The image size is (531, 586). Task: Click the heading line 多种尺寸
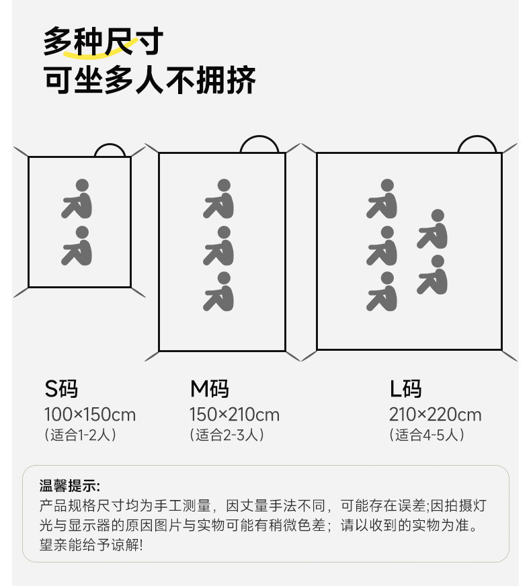click(x=103, y=42)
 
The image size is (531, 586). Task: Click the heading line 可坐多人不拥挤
click(x=150, y=81)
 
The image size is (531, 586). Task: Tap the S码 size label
click(x=62, y=388)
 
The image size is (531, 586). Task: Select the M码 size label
click(x=210, y=388)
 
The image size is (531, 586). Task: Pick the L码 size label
click(x=406, y=388)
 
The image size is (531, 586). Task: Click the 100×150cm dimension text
click(x=90, y=415)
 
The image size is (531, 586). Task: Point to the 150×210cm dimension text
click(x=235, y=415)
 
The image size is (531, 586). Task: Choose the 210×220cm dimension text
click(x=435, y=415)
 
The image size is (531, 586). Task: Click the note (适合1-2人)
click(x=81, y=435)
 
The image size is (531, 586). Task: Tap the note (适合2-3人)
click(x=227, y=435)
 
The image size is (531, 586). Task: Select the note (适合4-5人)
click(x=427, y=435)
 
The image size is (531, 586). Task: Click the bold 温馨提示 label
click(x=70, y=486)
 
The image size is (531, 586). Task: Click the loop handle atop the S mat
click(x=110, y=149)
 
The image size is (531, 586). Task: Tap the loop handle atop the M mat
click(x=259, y=144)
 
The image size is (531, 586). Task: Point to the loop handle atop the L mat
click(x=477, y=144)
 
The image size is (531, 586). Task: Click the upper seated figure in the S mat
click(x=78, y=198)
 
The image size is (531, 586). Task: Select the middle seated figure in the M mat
click(x=219, y=245)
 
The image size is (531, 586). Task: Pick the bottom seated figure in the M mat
click(x=219, y=292)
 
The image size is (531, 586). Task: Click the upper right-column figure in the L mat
click(x=433, y=228)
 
